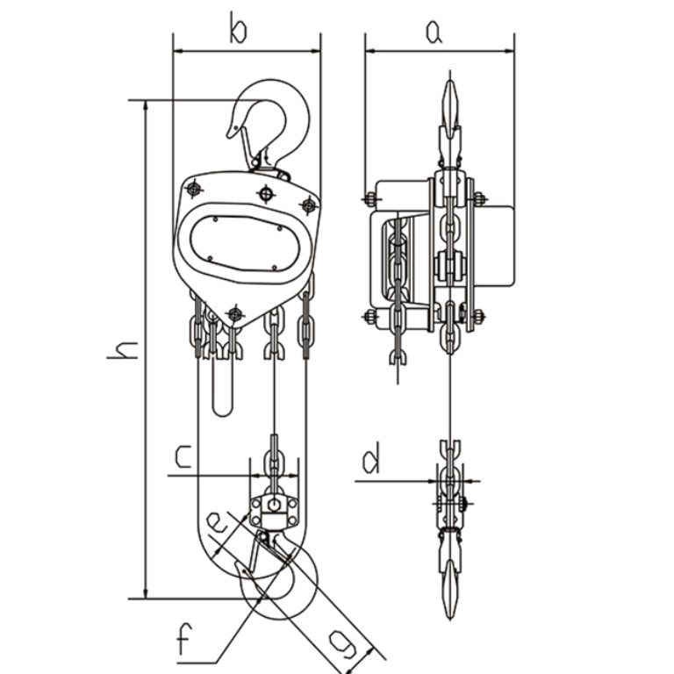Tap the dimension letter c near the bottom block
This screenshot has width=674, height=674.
click(x=183, y=456)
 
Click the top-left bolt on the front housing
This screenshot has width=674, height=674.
click(x=191, y=188)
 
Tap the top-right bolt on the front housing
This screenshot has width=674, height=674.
click(x=307, y=205)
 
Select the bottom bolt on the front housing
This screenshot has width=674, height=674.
click(x=233, y=313)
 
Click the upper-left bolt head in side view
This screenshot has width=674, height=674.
click(x=366, y=198)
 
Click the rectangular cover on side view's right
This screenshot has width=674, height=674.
click(x=497, y=245)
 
